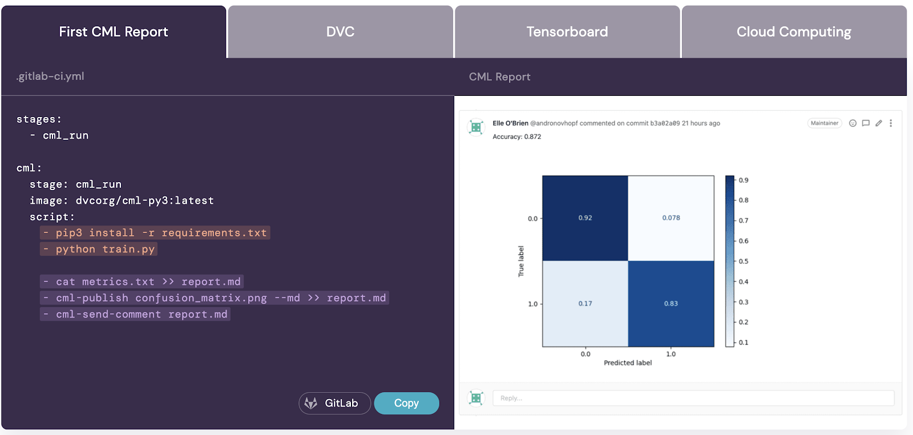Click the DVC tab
(x=340, y=32)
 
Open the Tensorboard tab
(x=567, y=32)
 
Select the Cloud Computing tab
(x=794, y=32)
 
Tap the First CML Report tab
(x=114, y=32)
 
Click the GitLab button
(x=334, y=403)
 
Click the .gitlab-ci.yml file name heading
(x=50, y=76)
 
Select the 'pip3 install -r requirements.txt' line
(x=155, y=233)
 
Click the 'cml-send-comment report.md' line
(x=136, y=315)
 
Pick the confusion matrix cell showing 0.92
(x=585, y=218)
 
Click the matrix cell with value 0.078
(x=671, y=218)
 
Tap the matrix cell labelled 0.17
(x=585, y=304)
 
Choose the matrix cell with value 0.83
(x=671, y=304)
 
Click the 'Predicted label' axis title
(x=628, y=363)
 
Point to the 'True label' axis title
(x=520, y=261)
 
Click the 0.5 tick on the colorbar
(x=744, y=261)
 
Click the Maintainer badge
(x=825, y=123)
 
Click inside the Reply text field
(x=693, y=398)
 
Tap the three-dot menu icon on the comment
(x=891, y=123)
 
